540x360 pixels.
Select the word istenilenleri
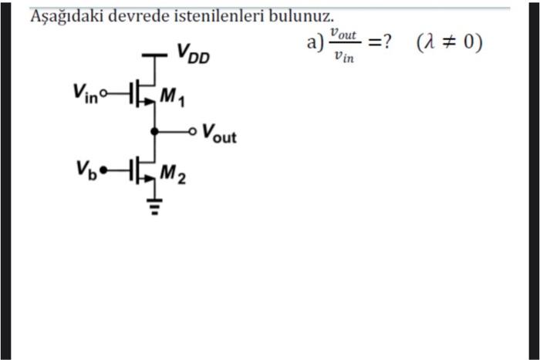click(x=221, y=16)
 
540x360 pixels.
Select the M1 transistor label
click(x=173, y=97)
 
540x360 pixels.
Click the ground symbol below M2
click(x=155, y=207)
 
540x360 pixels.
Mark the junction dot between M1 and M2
click(x=155, y=132)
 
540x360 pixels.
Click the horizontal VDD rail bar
click(x=155, y=56)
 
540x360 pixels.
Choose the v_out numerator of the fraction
click(x=343, y=34)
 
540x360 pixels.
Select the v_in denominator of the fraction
click(x=343, y=58)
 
